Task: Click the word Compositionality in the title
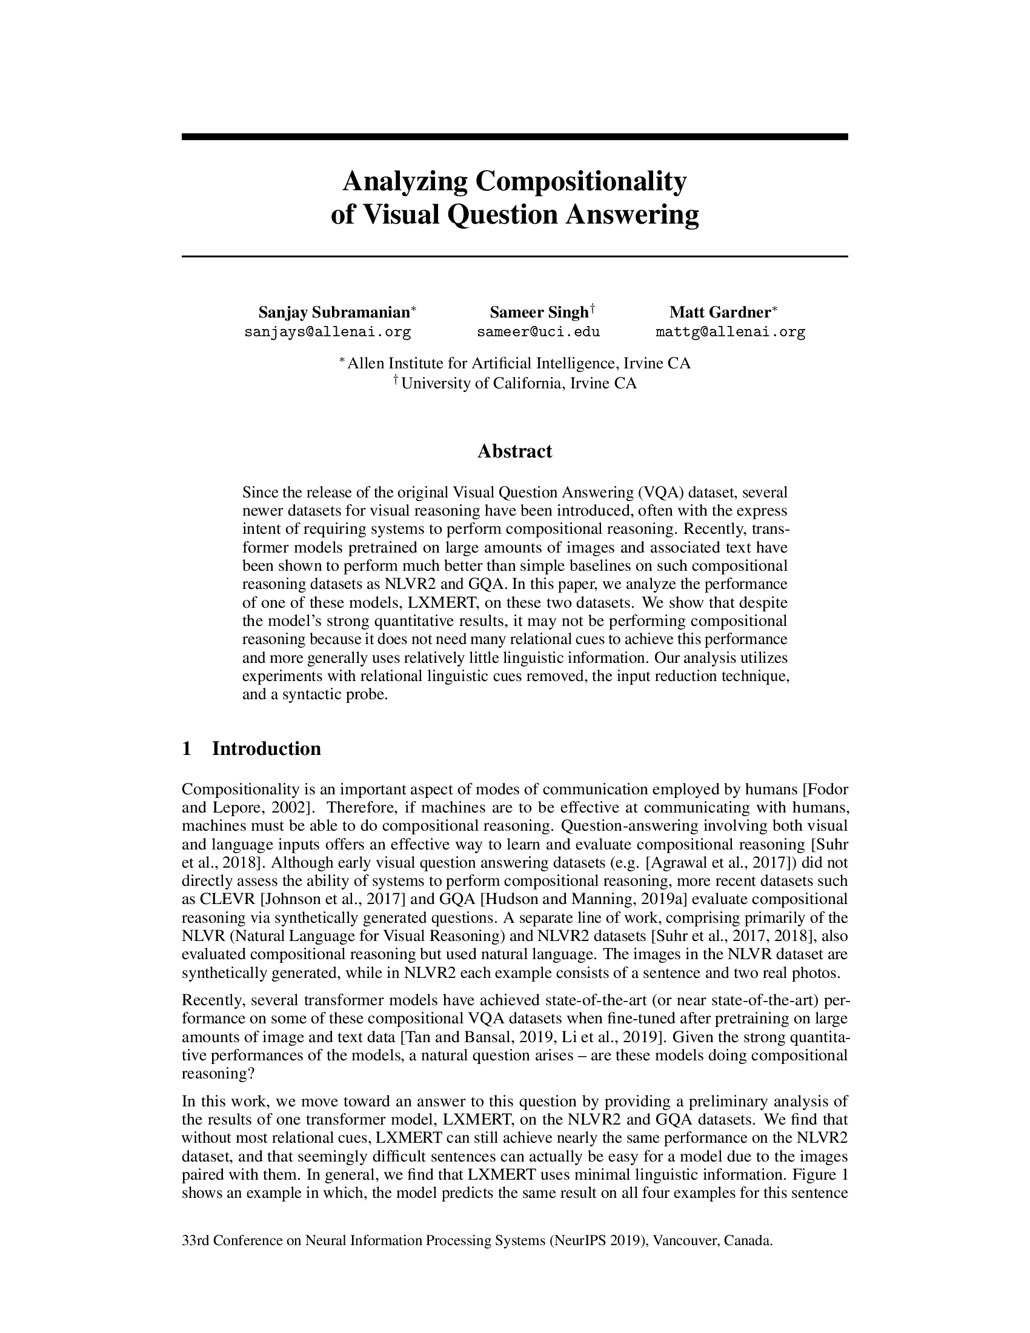tap(580, 182)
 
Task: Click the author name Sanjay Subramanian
tap(334, 313)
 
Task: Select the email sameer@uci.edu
tap(538, 332)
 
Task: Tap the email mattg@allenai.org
tap(731, 332)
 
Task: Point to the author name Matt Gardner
tap(720, 313)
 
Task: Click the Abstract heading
tap(514, 451)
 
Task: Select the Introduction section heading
tap(266, 748)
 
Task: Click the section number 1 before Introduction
tap(187, 748)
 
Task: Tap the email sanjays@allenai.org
tap(328, 332)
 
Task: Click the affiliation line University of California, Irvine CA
tap(518, 384)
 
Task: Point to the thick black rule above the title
tap(514, 137)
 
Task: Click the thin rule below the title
tap(514, 256)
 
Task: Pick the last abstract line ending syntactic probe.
tap(315, 694)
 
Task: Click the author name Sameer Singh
tap(538, 313)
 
